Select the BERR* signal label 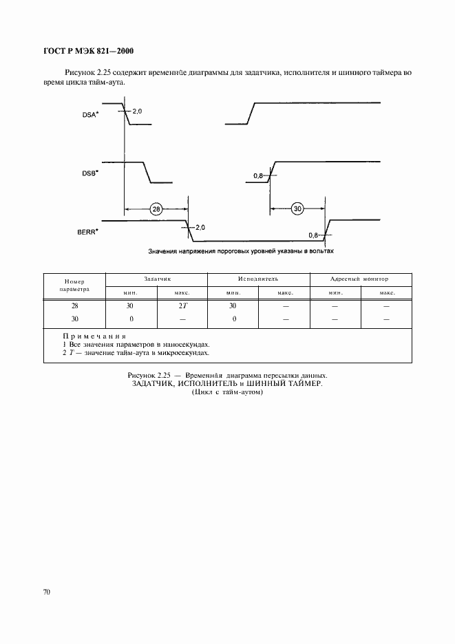[x=89, y=233]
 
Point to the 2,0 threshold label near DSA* [x=137, y=110]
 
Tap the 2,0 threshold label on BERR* [x=201, y=226]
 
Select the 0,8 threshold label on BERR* [x=314, y=235]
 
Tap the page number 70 [x=47, y=591]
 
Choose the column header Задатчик [x=156, y=279]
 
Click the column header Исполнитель [x=258, y=279]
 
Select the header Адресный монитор [x=359, y=279]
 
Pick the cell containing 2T [x=182, y=305]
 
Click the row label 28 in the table [x=74, y=305]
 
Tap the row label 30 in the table [x=74, y=319]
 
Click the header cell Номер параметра [x=74, y=286]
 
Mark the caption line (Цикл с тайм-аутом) [x=228, y=393]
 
